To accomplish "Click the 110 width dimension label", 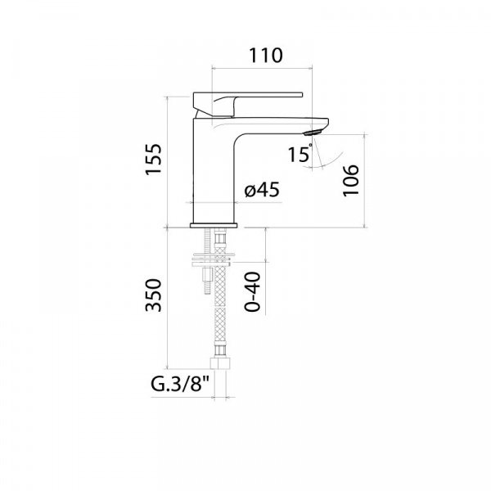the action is (265, 56).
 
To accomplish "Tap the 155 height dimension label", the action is (154, 159).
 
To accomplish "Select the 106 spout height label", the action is (350, 181).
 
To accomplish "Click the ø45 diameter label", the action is (262, 190).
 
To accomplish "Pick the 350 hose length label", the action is (154, 295).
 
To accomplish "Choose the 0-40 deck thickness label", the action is (252, 292).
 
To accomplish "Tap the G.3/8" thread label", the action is (180, 384).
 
